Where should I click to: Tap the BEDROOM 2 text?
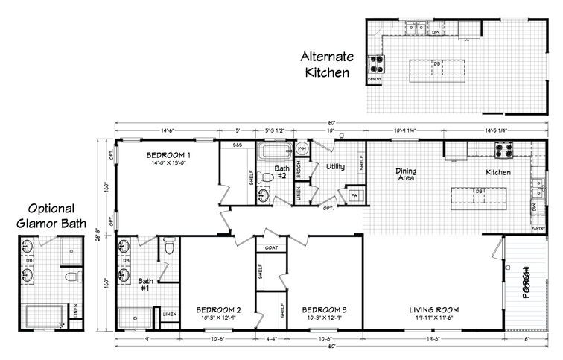click(218, 309)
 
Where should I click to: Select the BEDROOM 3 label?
click(324, 309)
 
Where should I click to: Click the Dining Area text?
click(405, 174)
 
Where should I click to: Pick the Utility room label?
click(336, 167)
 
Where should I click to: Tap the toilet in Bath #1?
click(169, 247)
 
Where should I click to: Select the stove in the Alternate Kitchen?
click(374, 63)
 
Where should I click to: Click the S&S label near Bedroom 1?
click(238, 145)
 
